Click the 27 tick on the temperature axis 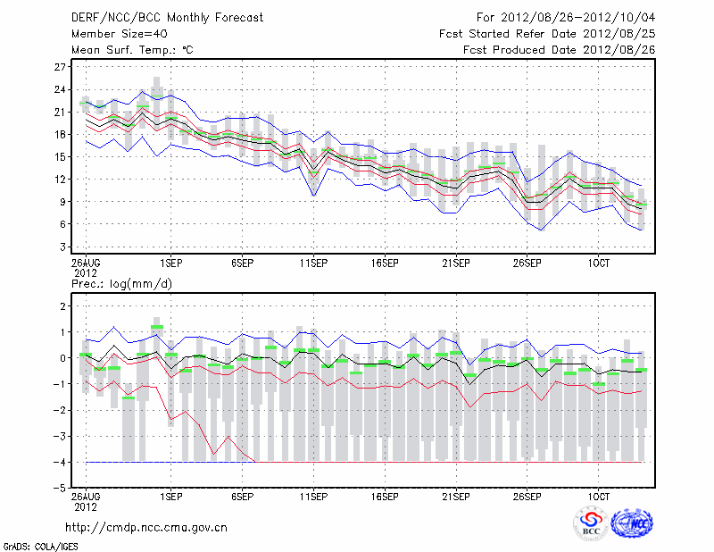click(61, 67)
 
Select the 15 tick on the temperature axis click(61, 156)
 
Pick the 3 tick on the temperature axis click(63, 246)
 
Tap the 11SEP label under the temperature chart click(313, 263)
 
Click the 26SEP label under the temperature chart click(527, 263)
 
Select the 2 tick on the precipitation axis click(63, 305)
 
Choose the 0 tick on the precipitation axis click(63, 358)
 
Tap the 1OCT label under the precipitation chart click(599, 495)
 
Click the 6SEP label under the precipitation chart click(242, 495)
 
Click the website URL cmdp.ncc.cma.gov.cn click(146, 527)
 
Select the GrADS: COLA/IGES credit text click(35, 545)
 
